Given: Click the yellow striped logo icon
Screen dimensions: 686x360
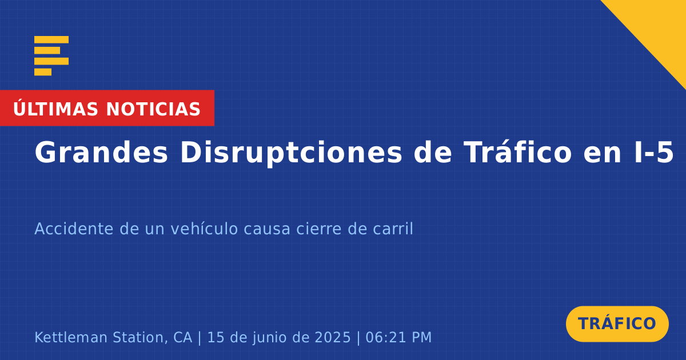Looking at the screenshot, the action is coord(51,56).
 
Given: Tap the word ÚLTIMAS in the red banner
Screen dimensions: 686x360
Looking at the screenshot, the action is coord(55,109).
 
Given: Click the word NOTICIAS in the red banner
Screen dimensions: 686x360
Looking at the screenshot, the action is coord(153,109).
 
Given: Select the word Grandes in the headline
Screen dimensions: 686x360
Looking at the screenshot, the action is coord(101,153).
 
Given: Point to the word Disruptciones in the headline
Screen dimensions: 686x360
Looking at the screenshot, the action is coord(291,154).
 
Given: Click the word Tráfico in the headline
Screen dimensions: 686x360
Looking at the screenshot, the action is coord(517,152).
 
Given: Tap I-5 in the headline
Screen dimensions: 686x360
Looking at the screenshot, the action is coord(654,153).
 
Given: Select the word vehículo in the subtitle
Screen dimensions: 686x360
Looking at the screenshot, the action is coord(204,229).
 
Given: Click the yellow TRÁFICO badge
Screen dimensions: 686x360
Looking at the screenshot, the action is coord(617,324).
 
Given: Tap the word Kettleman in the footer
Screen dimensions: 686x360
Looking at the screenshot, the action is coord(71,337).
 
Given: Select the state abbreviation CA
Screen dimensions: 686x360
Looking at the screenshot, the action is coord(183,337).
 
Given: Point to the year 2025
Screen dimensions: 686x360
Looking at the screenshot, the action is coord(333,337).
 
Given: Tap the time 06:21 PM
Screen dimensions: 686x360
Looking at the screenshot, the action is coord(398,337).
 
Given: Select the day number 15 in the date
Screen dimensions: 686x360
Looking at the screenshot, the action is coord(216,337).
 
